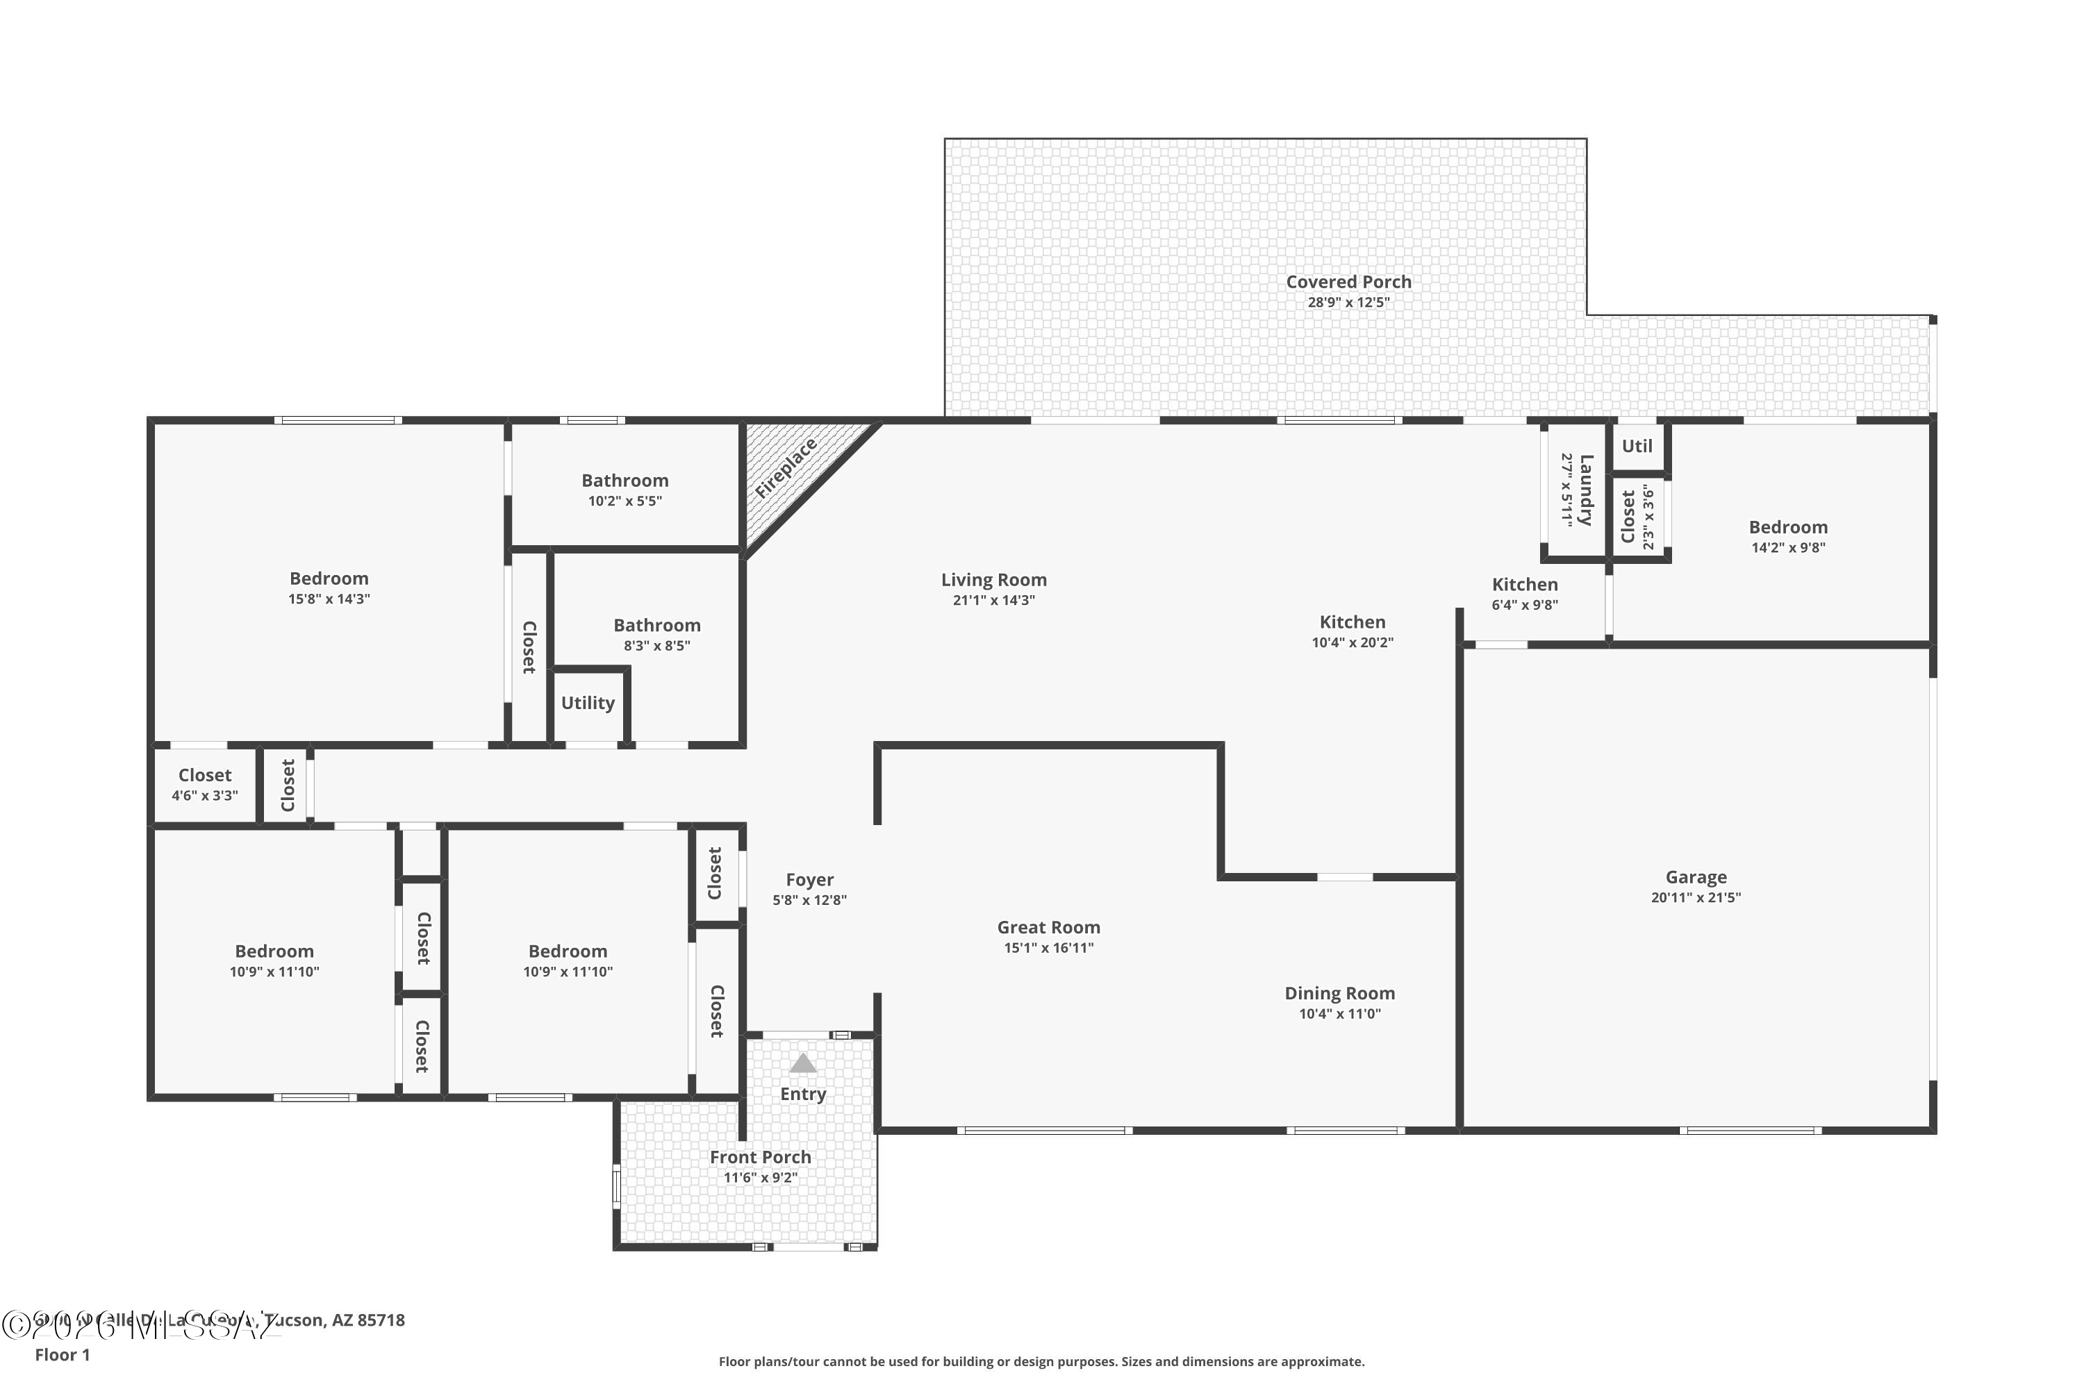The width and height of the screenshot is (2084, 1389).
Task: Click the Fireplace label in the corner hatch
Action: pyautogui.click(x=786, y=467)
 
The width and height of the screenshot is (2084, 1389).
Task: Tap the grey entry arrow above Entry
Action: pyautogui.click(x=803, y=1063)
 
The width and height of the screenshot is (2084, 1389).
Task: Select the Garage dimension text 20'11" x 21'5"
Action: pyautogui.click(x=1696, y=897)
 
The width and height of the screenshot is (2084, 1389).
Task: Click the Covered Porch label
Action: pyautogui.click(x=1348, y=282)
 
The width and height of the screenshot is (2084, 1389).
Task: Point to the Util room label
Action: pyautogui.click(x=1637, y=446)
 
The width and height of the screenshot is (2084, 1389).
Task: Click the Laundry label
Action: pyautogui.click(x=1586, y=490)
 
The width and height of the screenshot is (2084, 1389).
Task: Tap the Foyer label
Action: pyautogui.click(x=809, y=880)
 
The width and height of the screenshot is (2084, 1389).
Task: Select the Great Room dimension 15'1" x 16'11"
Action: pyautogui.click(x=1048, y=948)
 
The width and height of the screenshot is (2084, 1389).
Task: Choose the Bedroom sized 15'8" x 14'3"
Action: pyautogui.click(x=329, y=579)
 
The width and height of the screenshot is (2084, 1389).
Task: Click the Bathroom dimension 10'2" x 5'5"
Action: pyautogui.click(x=625, y=501)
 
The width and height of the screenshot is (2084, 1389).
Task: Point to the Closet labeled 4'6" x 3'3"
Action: pyautogui.click(x=205, y=775)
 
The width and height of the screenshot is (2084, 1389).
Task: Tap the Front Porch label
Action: pyautogui.click(x=760, y=1157)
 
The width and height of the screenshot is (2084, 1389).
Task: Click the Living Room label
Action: pyautogui.click(x=993, y=579)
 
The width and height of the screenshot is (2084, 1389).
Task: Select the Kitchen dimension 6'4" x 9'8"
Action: pyautogui.click(x=1524, y=605)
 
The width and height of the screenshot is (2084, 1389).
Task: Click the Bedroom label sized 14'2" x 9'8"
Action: pyautogui.click(x=1788, y=527)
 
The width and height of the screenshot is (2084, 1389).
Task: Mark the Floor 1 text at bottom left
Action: pyautogui.click(x=62, y=1354)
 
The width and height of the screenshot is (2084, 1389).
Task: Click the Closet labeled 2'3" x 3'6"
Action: pyautogui.click(x=1628, y=517)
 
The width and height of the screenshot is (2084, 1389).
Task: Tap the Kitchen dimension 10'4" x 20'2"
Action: pyautogui.click(x=1352, y=643)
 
